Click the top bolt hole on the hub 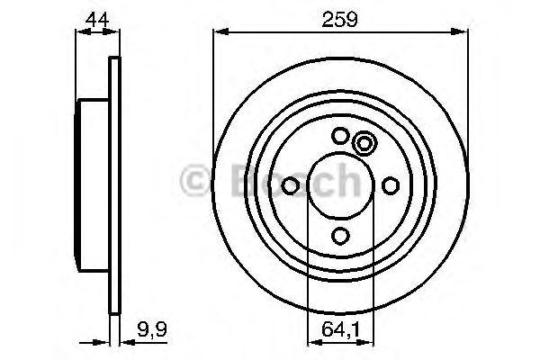(340, 136)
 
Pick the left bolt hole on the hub (291, 185)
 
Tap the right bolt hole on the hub (390, 185)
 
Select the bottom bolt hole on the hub (340, 235)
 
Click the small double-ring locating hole (364, 143)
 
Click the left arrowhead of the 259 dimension (219, 33)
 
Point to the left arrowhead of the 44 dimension (80, 33)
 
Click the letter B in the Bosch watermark (229, 184)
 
